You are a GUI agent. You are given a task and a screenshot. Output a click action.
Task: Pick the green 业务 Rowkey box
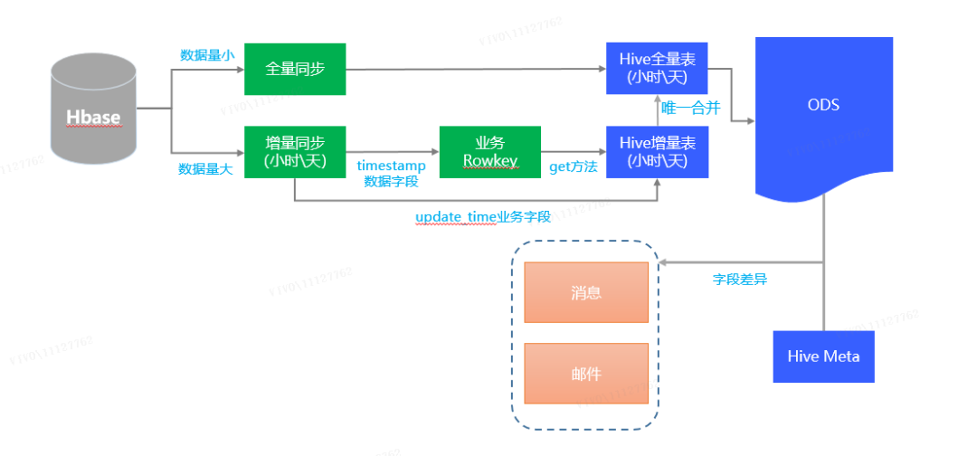[489, 152]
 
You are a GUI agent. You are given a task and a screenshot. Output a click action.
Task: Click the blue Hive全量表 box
[657, 69]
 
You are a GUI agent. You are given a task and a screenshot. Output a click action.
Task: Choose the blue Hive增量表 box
[657, 152]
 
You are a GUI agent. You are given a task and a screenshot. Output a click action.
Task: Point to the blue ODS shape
[823, 113]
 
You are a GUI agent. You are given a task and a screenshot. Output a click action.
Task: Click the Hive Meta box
[823, 356]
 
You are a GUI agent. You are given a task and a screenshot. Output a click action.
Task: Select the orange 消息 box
[586, 292]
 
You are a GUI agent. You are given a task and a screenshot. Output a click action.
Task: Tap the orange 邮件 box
[586, 374]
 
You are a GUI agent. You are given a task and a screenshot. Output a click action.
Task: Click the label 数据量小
[207, 55]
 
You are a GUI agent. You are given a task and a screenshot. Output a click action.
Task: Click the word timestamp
[391, 166]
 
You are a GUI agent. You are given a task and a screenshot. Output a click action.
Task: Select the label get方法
[574, 167]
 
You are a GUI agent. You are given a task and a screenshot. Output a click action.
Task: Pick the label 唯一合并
[690, 109]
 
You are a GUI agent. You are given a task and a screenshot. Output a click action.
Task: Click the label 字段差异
[739, 279]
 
